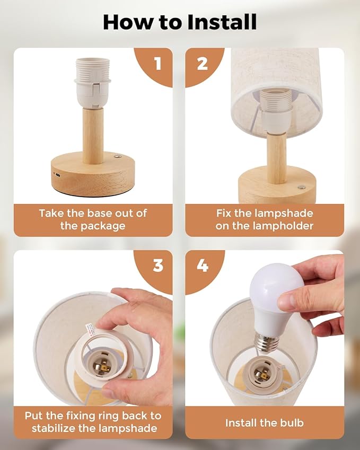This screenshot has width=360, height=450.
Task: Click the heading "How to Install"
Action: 180,22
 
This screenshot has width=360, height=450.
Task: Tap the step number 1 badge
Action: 157,64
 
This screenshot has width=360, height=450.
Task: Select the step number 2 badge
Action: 202,64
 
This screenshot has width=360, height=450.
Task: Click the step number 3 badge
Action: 157,265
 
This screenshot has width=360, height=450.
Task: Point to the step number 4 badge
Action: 203,265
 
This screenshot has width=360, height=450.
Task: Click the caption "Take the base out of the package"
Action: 93,219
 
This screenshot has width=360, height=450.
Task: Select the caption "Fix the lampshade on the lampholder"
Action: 265,219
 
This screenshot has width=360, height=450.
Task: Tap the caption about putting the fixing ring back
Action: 93,421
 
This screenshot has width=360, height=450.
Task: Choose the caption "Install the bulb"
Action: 265,422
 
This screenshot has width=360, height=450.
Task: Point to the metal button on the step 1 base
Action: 118,157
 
